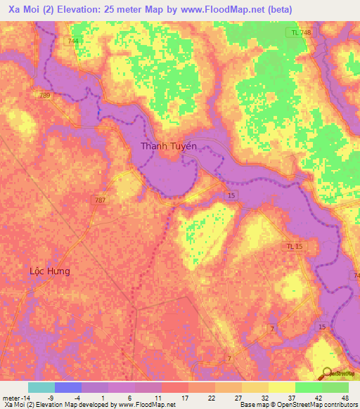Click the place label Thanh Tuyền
click(169, 146)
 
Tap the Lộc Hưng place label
click(49, 270)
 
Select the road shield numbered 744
click(74, 41)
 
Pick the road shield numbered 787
click(101, 200)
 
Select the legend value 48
click(345, 398)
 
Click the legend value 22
click(211, 398)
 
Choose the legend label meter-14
click(15, 398)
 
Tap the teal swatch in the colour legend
click(41, 387)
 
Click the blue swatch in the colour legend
click(67, 387)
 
